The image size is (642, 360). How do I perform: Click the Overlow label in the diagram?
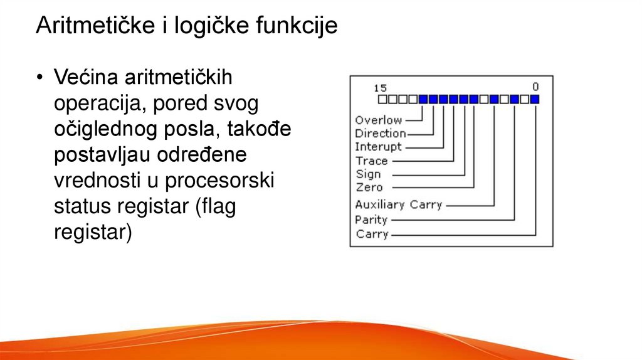tap(378, 120)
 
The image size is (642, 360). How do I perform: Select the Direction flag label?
tap(380, 133)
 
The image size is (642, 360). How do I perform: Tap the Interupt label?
tap(378, 147)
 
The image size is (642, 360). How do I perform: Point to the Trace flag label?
tap(371, 161)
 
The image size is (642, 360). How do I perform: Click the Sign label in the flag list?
tap(368, 174)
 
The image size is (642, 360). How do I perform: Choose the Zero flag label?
tap(369, 187)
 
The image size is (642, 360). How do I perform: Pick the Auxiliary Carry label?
tap(398, 204)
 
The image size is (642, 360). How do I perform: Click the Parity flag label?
tap(371, 220)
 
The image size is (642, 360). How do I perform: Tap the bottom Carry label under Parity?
tap(372, 234)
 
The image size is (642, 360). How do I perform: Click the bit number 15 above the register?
tap(380, 88)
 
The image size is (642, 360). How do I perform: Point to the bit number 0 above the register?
tap(535, 87)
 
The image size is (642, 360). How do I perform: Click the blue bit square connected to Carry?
tap(535, 99)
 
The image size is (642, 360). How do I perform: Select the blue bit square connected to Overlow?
tap(423, 99)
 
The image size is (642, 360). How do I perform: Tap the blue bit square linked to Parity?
tap(514, 99)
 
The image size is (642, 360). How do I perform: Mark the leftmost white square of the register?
tap(382, 99)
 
